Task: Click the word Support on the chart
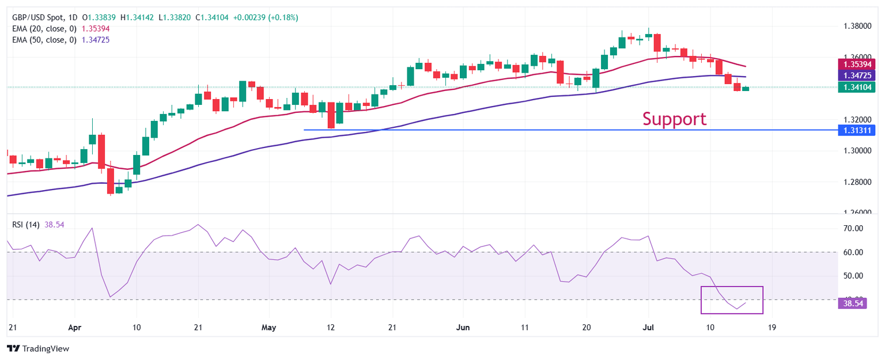(674, 119)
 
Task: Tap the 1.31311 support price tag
(858, 130)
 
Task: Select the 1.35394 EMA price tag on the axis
(858, 64)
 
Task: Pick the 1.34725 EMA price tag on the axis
(858, 75)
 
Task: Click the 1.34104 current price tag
(858, 87)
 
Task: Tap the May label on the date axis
(268, 327)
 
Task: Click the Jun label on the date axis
(463, 327)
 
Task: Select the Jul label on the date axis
(648, 327)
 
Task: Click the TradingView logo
(37, 348)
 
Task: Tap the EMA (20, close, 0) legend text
(44, 28)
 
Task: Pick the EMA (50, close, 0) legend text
(44, 40)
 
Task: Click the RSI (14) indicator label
(26, 225)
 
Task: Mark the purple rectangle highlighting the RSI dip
(731, 300)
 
